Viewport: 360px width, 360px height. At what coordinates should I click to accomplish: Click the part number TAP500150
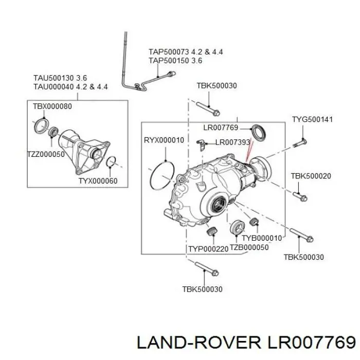point(169,61)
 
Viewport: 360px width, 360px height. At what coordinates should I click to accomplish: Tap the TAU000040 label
point(53,87)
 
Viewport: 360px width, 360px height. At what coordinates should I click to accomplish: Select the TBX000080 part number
point(52,106)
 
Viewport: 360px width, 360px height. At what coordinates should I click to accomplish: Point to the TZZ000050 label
point(46,154)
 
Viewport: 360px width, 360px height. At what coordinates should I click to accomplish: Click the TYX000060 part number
point(98,181)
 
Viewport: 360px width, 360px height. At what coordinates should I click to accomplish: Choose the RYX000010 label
point(164,140)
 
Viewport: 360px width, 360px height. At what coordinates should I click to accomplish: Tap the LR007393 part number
point(232,142)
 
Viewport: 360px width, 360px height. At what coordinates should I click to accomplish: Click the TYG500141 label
point(312,119)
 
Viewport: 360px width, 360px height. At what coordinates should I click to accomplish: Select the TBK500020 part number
point(311,176)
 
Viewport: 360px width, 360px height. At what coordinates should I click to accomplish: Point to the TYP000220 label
point(208,249)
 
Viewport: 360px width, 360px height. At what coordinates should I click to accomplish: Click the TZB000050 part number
point(249,247)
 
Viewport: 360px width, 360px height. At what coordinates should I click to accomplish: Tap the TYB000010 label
point(262,238)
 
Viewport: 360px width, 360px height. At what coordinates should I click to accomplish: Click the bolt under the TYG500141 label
point(300,143)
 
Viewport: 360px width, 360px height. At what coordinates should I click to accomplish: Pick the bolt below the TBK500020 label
point(300,197)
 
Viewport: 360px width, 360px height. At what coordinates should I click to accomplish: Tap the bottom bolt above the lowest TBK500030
point(207,269)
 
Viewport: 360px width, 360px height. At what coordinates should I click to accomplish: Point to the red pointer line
point(249,151)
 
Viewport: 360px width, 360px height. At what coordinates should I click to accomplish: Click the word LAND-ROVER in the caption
point(199,343)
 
